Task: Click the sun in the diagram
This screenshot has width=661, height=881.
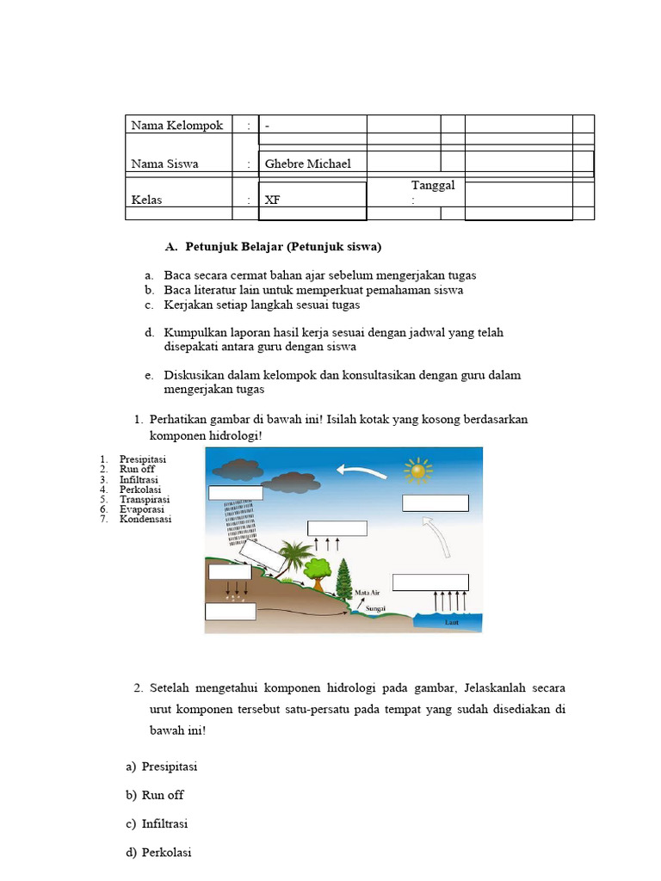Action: [418, 471]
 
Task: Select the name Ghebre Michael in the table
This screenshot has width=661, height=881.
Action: [307, 163]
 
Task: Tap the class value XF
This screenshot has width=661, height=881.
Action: [273, 200]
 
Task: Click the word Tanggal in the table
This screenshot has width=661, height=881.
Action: [433, 186]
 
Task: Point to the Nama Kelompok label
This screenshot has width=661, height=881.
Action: [176, 126]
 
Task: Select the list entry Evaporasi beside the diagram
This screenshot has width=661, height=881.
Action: [145, 509]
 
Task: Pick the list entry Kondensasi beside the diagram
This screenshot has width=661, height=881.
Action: [145, 520]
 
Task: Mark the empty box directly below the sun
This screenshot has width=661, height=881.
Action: [435, 503]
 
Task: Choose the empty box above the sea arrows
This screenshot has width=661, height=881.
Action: [430, 582]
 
